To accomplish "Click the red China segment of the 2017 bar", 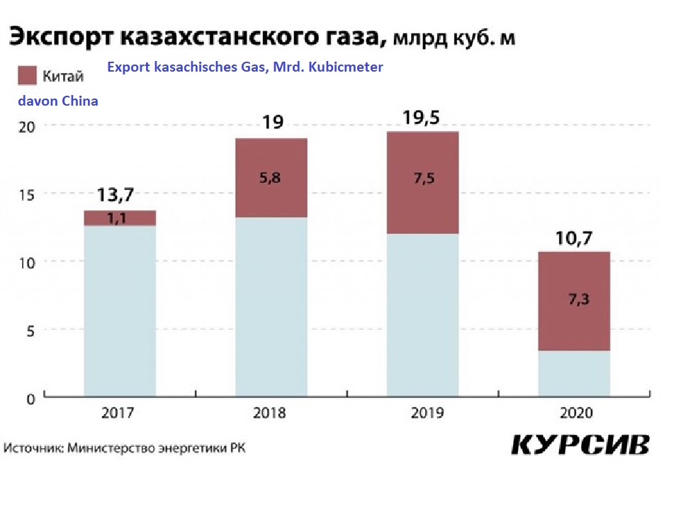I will point(120,218).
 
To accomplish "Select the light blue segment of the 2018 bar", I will point(271,306).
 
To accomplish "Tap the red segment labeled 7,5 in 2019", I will point(422,182).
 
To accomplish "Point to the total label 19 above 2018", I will point(272,122).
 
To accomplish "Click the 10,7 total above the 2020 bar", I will point(574,238).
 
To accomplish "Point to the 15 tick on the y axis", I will point(26,194).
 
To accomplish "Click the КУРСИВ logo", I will point(579,445).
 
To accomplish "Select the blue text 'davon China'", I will point(58,101).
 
